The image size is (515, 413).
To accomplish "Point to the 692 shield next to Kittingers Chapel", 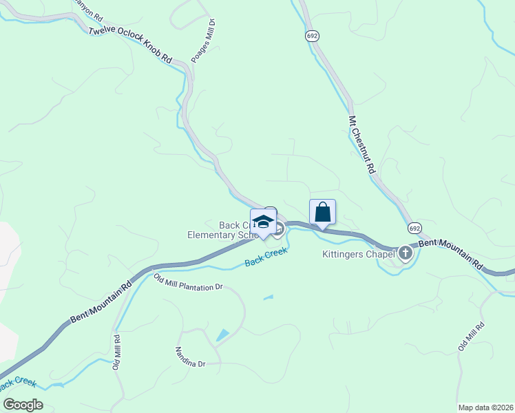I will tap(414, 228).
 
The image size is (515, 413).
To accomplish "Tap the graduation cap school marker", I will tap(262, 222).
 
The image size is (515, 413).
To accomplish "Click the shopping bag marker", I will tap(322, 213).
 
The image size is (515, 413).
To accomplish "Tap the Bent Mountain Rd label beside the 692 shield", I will tap(452, 252).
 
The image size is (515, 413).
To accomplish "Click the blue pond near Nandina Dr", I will tap(222, 336).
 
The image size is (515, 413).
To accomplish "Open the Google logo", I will tap(22, 404).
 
